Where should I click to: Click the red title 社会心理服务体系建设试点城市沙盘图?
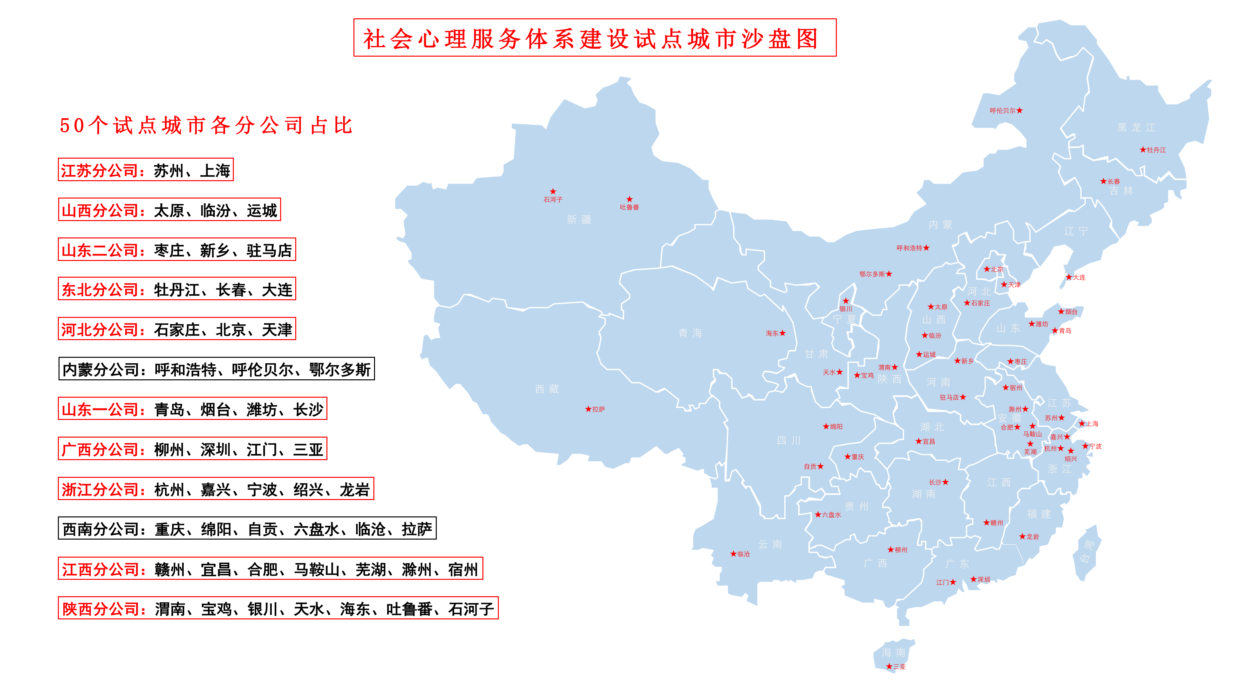(594, 38)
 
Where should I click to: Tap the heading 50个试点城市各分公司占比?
(206, 126)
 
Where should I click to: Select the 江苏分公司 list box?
(146, 170)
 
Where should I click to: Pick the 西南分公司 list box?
(247, 529)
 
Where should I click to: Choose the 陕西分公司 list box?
(278, 608)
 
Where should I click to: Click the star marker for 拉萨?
(588, 409)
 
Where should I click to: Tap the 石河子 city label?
(553, 199)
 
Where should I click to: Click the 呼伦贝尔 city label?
(1002, 111)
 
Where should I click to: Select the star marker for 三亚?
(889, 666)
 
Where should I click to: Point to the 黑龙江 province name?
(1136, 128)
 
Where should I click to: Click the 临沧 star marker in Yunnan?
(733, 553)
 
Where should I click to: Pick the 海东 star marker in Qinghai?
(782, 333)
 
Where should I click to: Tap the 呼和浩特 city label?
(909, 248)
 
